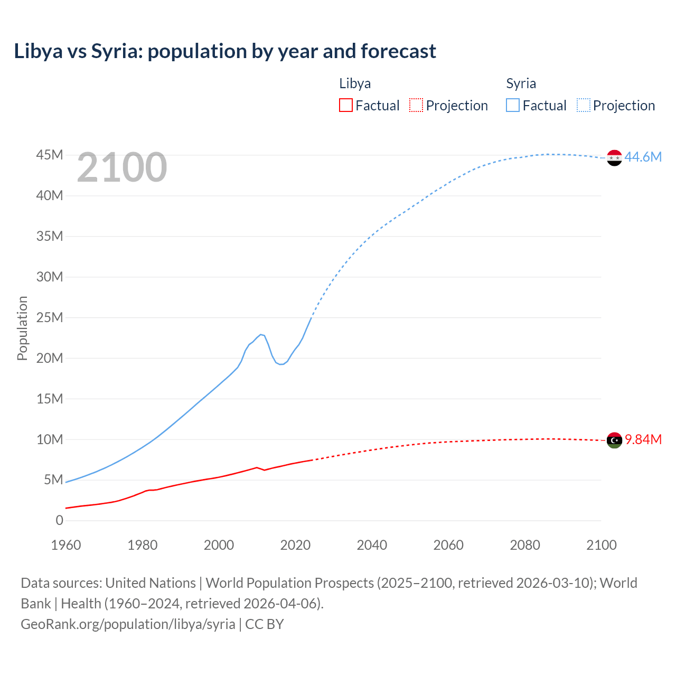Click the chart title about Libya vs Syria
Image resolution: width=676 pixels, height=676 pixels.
[x=225, y=51]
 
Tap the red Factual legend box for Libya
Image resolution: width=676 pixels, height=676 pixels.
[x=345, y=105]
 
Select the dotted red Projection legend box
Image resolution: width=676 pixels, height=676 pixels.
[x=416, y=105]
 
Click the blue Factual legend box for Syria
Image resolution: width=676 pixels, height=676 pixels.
[x=512, y=105]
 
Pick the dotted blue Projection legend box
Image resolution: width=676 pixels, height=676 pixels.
[x=584, y=105]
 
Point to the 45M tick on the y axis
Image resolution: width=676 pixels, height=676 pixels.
[x=50, y=155]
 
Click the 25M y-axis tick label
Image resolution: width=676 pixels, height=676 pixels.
[x=50, y=317]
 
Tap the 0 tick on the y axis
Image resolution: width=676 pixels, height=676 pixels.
[x=59, y=520]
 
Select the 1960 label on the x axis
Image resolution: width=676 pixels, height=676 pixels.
[x=66, y=545]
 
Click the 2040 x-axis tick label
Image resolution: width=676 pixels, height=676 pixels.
[x=372, y=545]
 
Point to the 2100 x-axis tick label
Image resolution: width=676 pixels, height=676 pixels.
[x=601, y=545]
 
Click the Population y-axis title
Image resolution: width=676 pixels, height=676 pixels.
[x=22, y=328]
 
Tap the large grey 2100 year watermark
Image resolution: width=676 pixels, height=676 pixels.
[x=122, y=167]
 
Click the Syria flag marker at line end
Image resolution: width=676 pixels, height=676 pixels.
[x=614, y=157]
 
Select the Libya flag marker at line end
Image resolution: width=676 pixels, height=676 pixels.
[x=614, y=440]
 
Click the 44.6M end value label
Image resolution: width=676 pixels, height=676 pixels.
[x=643, y=157]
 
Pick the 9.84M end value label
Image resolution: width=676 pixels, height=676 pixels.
[x=643, y=439]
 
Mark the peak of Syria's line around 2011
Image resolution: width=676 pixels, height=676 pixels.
[x=261, y=334]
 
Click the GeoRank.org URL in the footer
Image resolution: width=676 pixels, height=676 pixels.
[x=128, y=624]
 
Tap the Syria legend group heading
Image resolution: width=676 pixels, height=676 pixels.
[x=521, y=83]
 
